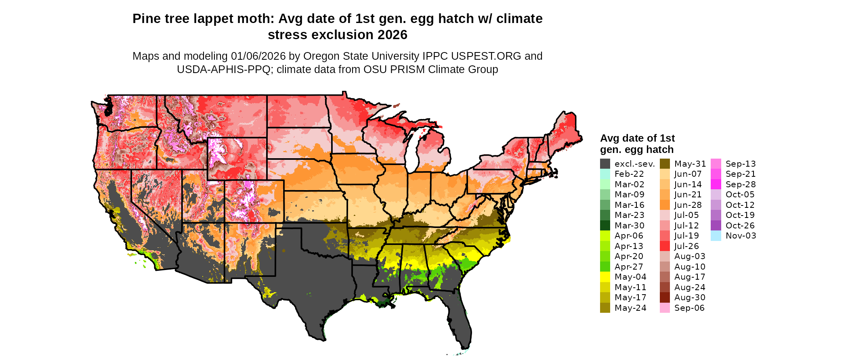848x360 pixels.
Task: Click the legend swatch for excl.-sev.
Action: coord(605,164)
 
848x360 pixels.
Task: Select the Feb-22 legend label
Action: coord(629,174)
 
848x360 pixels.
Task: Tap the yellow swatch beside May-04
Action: coord(605,277)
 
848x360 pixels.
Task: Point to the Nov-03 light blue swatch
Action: coord(716,236)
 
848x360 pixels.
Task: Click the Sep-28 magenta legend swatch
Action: coord(716,184)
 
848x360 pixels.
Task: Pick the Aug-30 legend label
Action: coord(690,297)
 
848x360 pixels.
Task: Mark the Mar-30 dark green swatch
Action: coord(605,226)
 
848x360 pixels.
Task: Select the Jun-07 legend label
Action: coord(688,174)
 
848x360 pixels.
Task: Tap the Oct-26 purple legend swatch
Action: coord(716,226)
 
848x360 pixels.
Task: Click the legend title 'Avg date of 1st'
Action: coord(637,138)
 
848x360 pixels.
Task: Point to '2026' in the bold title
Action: coord(393,35)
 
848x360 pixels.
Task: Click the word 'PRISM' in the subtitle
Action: coord(410,69)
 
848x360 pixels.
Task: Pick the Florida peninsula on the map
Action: coord(458,319)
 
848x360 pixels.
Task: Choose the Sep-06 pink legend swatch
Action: coord(665,308)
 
